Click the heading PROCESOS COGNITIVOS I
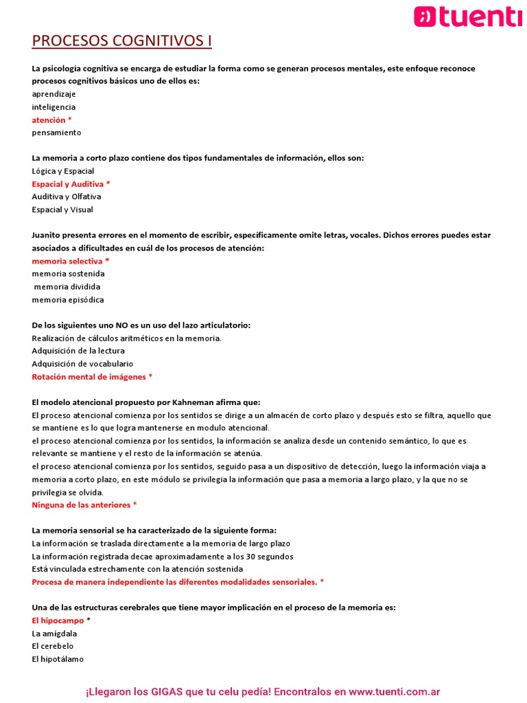(x=121, y=41)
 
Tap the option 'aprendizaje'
(x=54, y=94)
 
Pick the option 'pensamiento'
(x=56, y=132)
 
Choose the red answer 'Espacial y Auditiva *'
(x=71, y=184)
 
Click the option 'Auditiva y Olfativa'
(x=66, y=196)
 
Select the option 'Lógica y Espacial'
(x=62, y=171)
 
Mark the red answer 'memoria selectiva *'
(x=70, y=261)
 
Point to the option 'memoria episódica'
(x=68, y=300)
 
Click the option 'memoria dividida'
(x=67, y=286)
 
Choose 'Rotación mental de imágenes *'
(x=92, y=377)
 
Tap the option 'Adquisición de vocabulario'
(x=82, y=364)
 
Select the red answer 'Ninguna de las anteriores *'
(x=84, y=505)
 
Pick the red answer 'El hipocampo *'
(x=61, y=620)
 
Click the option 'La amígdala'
(x=54, y=633)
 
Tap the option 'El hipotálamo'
(x=58, y=659)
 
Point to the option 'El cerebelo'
(x=53, y=646)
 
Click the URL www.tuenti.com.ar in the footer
(x=394, y=692)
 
